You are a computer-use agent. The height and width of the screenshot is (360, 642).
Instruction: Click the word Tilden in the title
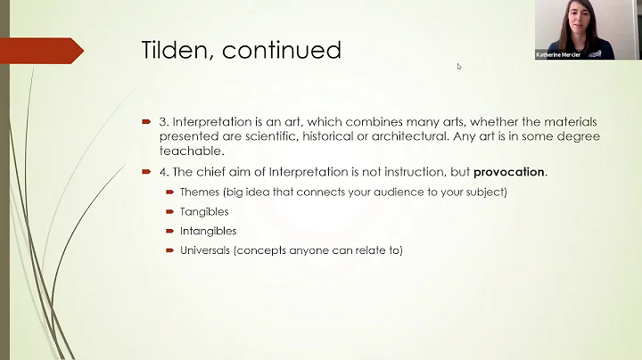point(177,50)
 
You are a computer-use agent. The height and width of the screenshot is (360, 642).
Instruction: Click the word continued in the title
point(282,50)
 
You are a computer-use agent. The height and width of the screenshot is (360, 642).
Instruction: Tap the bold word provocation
point(507,171)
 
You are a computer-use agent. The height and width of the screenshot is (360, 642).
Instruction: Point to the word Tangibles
point(204,211)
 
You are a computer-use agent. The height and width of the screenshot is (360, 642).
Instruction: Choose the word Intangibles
point(208,231)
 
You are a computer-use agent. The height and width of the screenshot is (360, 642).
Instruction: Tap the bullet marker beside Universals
point(170,250)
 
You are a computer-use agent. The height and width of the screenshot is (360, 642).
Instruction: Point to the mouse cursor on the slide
point(460,66)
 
